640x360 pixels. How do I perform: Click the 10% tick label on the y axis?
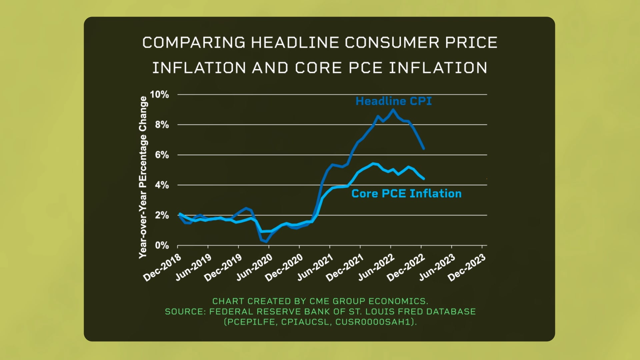coord(159,95)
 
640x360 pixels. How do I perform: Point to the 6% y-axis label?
coord(162,155)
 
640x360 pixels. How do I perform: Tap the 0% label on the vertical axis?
coord(162,246)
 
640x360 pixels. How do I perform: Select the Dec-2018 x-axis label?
coord(162,267)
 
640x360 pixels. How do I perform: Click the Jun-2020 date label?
coord(254,267)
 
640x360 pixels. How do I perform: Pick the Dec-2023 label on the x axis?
coord(467,267)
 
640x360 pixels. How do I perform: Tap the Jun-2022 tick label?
coord(376,267)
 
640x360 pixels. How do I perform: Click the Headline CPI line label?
coord(393,101)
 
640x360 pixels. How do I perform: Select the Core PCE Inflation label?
coord(406,194)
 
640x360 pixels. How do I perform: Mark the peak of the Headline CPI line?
coord(393,109)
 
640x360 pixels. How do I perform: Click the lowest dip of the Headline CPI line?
coord(266,241)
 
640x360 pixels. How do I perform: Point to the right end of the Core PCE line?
coord(424,179)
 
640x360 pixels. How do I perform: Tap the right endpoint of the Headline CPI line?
coord(424,148)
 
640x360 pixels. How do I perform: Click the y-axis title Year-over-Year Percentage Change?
coord(143,177)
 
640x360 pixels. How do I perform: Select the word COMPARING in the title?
coord(194,43)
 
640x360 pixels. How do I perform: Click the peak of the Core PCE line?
coord(373,163)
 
